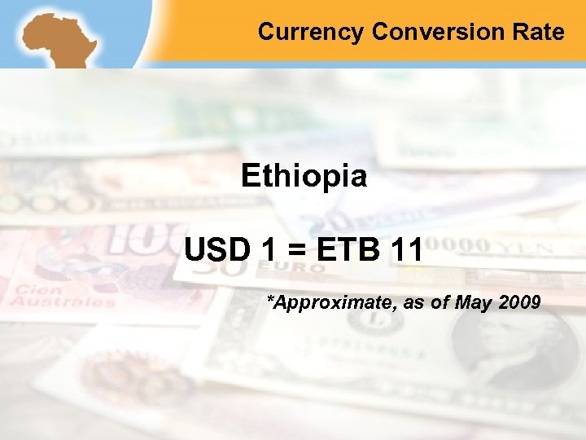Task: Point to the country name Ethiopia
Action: click(304, 177)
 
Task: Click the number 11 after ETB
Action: click(406, 249)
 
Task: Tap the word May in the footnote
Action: click(473, 303)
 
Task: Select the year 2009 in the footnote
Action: click(519, 303)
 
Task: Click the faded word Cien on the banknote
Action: click(38, 289)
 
